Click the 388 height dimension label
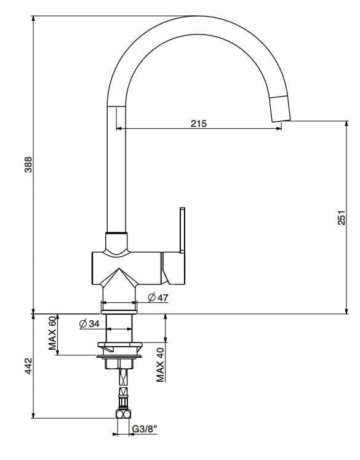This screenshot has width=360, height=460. coord(28,165)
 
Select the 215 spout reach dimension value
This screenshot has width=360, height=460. coord(198,123)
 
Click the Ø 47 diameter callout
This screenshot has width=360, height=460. coord(158,298)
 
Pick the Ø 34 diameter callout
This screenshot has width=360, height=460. coord(90,324)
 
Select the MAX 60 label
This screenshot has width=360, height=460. coord(52,335)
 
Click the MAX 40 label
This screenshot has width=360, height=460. coord(160,363)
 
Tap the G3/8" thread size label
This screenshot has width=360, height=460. coord(143,430)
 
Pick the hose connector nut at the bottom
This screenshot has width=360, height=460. coord(124,414)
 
